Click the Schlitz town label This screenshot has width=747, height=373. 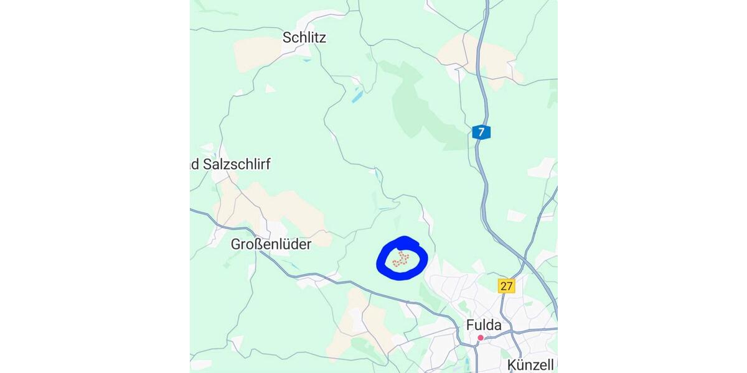(304, 37)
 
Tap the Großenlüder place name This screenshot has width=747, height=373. (271, 244)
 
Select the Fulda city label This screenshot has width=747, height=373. (484, 325)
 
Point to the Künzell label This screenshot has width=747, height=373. (530, 364)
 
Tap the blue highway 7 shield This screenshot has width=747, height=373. (481, 132)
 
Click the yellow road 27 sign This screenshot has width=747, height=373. (506, 285)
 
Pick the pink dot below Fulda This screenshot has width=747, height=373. (481, 338)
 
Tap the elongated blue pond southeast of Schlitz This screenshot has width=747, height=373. (357, 96)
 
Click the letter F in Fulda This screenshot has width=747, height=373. (471, 325)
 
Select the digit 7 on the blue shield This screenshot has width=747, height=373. (481, 132)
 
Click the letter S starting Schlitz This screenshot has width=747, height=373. (287, 37)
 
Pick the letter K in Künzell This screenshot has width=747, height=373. (512, 364)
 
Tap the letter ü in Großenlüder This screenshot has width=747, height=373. (290, 244)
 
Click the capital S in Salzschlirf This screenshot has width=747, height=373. (208, 164)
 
